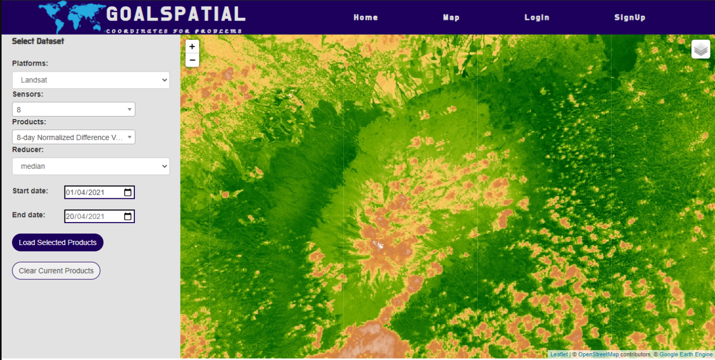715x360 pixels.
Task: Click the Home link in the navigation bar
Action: [x=365, y=17]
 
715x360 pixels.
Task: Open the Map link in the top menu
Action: [x=451, y=17]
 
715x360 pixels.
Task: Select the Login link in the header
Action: [x=537, y=17]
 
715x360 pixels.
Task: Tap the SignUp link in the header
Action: [x=629, y=17]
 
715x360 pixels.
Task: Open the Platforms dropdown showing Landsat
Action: [x=91, y=80]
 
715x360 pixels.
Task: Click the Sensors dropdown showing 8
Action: [x=73, y=109]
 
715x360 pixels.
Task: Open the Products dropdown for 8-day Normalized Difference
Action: [x=73, y=137]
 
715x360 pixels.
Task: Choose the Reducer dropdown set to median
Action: [x=91, y=166]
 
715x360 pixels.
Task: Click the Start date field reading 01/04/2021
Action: [x=92, y=193]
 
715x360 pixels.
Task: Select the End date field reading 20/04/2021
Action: [x=92, y=216]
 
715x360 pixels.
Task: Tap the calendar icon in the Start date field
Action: [x=128, y=193]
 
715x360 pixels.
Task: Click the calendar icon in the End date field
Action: [x=128, y=216]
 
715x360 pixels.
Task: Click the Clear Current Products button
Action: [x=56, y=271]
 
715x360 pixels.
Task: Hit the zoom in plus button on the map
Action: [x=192, y=47]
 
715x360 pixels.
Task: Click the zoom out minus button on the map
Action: [x=192, y=60]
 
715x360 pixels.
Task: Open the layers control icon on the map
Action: [x=700, y=49]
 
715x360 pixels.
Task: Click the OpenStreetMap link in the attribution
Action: [x=598, y=355]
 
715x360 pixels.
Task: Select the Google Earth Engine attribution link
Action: [x=686, y=355]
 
